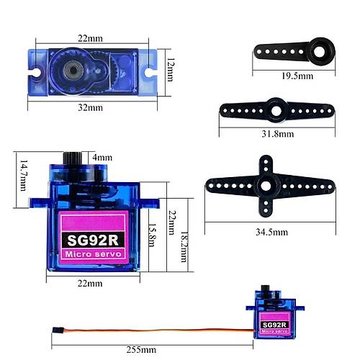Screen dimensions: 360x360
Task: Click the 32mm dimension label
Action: coord(90,107)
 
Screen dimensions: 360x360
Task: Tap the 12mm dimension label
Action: coord(170,70)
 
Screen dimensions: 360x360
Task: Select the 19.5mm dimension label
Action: coord(297,76)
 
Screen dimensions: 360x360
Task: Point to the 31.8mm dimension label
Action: coord(278,134)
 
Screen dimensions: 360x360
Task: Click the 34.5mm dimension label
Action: coord(271,232)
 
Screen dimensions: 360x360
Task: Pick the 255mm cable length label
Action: coord(141,349)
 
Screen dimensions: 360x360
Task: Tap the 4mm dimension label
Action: coord(102,158)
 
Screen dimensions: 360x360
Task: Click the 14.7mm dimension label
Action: coord(24,176)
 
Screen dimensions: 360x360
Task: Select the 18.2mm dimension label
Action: coord(184,247)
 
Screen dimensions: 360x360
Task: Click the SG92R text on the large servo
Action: coord(93,240)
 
